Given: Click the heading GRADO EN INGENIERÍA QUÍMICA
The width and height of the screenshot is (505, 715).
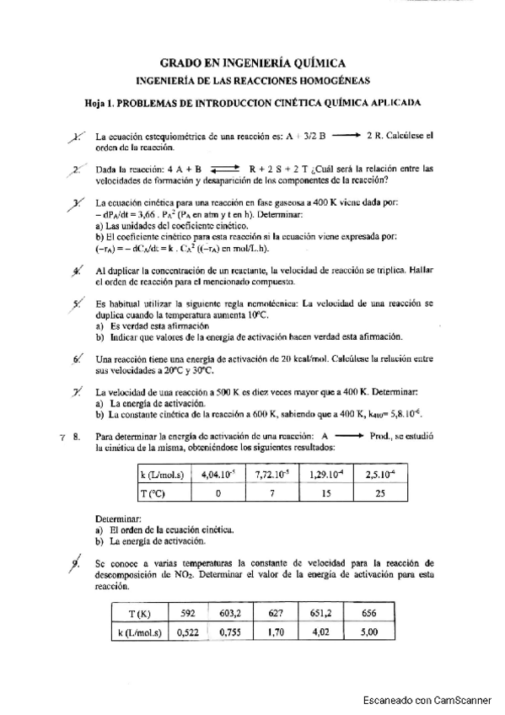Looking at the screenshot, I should click(252, 62).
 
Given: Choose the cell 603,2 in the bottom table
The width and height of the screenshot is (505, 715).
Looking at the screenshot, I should click(230, 615).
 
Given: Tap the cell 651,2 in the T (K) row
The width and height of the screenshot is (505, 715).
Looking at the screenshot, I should click(321, 615).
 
